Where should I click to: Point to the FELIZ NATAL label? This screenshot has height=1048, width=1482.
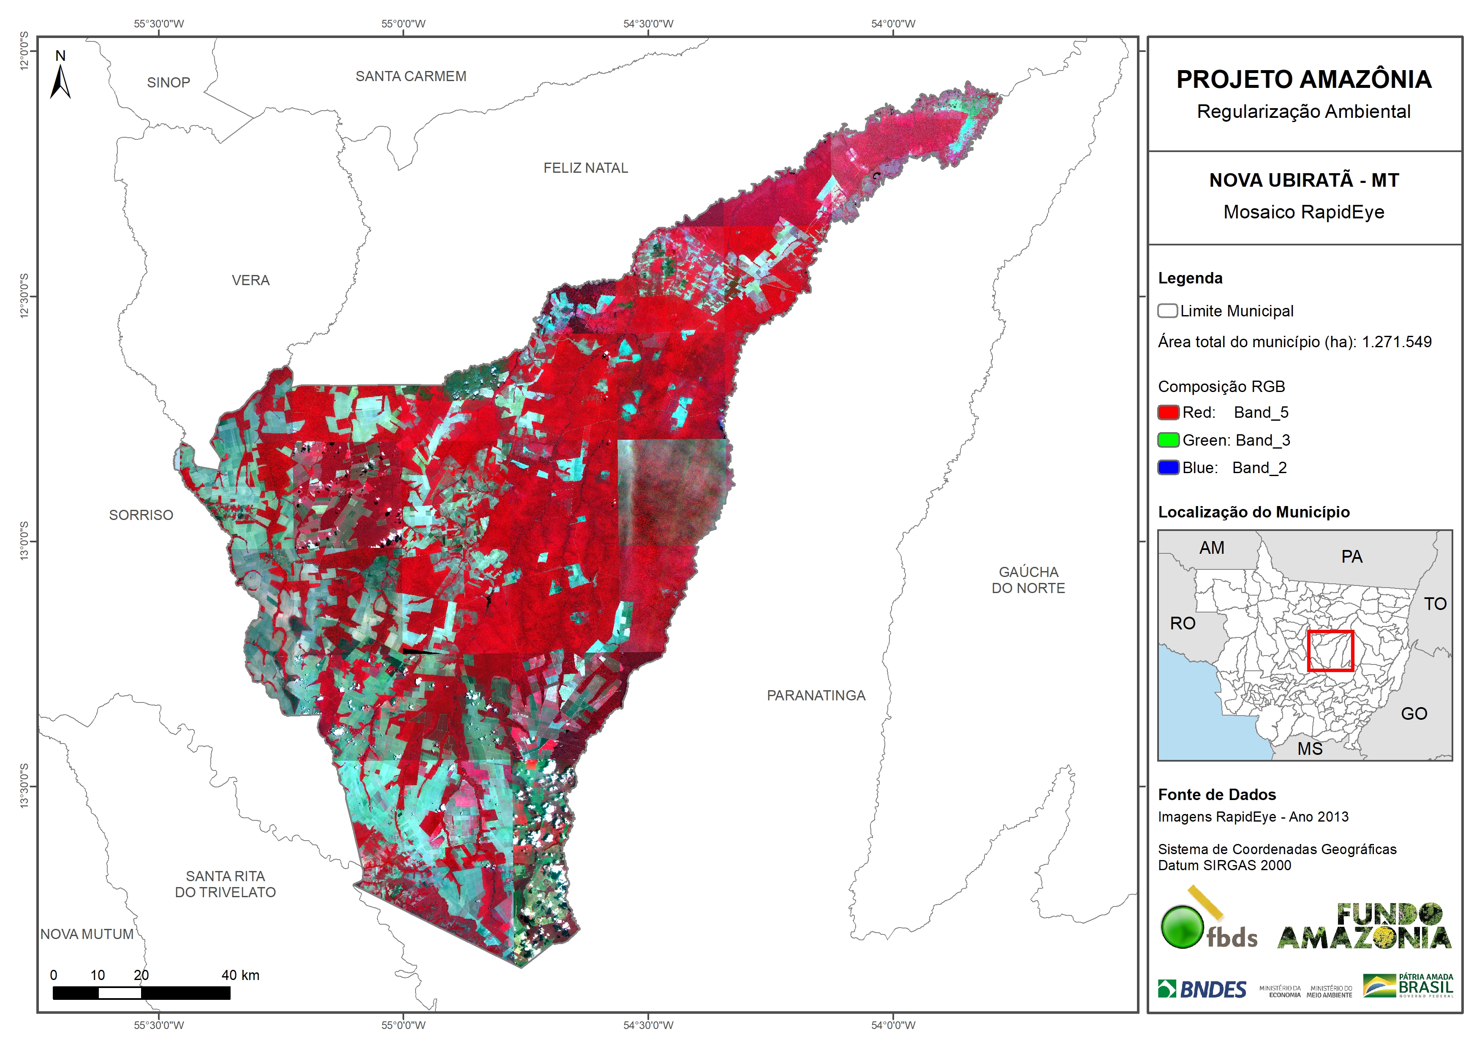coord(585,168)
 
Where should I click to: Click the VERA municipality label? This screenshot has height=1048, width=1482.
coord(250,280)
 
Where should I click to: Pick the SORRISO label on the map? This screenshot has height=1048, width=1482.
coord(141,514)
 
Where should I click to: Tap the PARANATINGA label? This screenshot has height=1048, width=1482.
coord(816,695)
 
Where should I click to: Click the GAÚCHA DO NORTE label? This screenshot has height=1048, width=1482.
coord(1028,580)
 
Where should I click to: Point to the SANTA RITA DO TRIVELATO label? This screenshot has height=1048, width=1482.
coord(225,884)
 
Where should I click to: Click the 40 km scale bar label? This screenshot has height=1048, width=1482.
coord(240,975)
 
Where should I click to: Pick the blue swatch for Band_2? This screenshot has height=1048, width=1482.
coord(1168,468)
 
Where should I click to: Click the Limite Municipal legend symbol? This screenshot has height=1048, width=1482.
coord(1167,310)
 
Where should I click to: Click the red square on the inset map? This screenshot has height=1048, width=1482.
coord(1330,651)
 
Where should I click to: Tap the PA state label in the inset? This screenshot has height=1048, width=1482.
coord(1351,557)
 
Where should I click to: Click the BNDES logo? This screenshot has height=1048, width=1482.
coord(1202,988)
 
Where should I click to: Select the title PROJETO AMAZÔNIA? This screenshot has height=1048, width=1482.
coord(1304,79)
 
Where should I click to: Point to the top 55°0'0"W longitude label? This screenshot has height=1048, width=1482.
coord(403,24)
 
